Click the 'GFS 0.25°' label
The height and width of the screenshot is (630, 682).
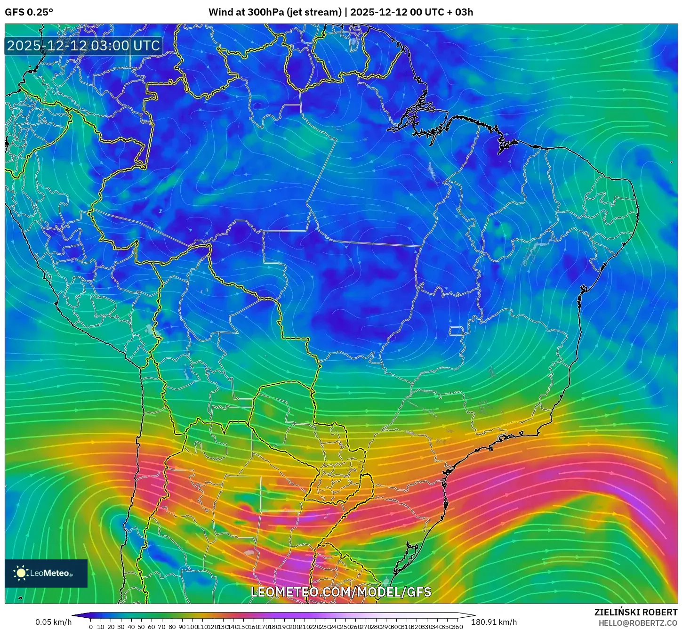click(29, 12)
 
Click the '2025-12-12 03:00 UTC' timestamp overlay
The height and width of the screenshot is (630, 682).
click(83, 46)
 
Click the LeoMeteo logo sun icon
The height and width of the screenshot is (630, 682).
click(21, 573)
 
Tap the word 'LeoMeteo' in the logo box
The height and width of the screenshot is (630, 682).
click(50, 573)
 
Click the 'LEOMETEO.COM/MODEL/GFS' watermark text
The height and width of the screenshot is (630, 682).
click(341, 592)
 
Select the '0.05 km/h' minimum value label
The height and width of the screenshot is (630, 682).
click(54, 622)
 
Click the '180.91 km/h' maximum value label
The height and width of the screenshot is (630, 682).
click(497, 622)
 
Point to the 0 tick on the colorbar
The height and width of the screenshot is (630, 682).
click(91, 627)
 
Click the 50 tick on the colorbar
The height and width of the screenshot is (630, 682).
click(141, 627)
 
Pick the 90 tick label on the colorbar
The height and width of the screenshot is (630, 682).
click(182, 627)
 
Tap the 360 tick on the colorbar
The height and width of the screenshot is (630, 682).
click(457, 627)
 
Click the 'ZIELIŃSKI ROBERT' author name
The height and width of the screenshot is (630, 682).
click(636, 612)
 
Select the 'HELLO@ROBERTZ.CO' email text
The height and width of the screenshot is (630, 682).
click(638, 623)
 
